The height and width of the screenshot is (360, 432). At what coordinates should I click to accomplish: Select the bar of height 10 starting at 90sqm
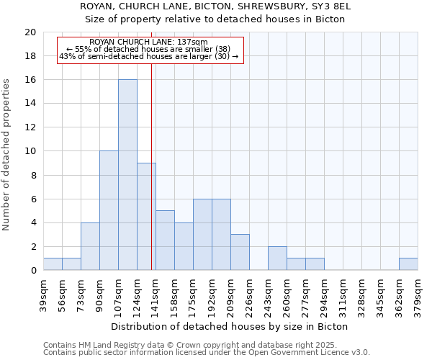pos(109,210)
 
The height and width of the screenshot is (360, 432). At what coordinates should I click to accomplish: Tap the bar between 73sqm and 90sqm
pos(90,246)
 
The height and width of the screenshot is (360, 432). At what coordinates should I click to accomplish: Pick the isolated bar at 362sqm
pos(408,264)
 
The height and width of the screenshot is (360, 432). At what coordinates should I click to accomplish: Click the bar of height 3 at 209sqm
pos(240,252)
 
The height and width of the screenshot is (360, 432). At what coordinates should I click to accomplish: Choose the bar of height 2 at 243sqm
pos(277,258)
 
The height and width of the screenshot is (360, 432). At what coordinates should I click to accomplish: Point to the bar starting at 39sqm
pos(53,264)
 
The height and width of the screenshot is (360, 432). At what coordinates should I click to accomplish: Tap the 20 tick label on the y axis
pos(30,32)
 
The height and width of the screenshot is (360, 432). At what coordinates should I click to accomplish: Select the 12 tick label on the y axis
pos(30,127)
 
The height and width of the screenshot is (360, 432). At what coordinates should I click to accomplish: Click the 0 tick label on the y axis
pos(32,271)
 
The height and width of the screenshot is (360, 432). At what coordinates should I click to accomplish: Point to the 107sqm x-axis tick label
pos(118,295)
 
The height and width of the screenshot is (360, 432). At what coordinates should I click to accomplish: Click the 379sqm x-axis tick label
pos(418,295)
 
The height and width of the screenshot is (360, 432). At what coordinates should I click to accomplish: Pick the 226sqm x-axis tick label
pos(249,295)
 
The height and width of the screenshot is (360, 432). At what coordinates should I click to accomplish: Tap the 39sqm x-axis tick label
pos(43,295)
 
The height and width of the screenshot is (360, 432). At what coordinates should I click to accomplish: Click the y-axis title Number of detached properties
pos(7,155)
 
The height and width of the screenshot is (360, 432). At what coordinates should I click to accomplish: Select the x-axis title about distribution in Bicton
pos(230,326)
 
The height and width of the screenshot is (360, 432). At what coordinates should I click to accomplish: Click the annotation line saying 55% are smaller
pos(149,49)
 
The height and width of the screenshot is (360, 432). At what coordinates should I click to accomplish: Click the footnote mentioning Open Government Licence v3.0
pos(207,353)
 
